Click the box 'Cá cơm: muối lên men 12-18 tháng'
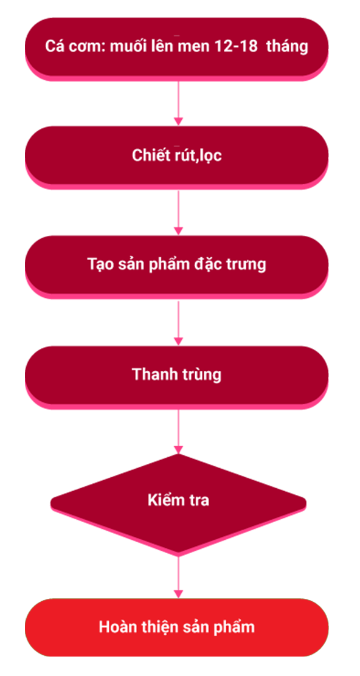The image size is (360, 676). click(177, 48)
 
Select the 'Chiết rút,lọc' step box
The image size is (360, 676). click(177, 157)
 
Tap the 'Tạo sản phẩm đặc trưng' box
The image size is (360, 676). click(177, 266)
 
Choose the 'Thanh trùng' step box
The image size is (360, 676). click(177, 376)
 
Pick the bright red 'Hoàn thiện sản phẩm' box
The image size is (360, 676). click(177, 627)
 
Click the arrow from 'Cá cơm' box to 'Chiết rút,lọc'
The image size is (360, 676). click(179, 103)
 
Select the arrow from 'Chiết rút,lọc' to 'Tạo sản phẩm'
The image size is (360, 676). click(179, 213)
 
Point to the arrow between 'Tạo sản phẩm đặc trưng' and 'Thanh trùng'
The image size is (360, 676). click(179, 322)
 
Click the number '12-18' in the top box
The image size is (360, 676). click(238, 47)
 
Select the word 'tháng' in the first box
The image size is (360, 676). click(287, 47)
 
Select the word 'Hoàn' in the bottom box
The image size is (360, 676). click(114, 626)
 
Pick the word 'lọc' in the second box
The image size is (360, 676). click(211, 156)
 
